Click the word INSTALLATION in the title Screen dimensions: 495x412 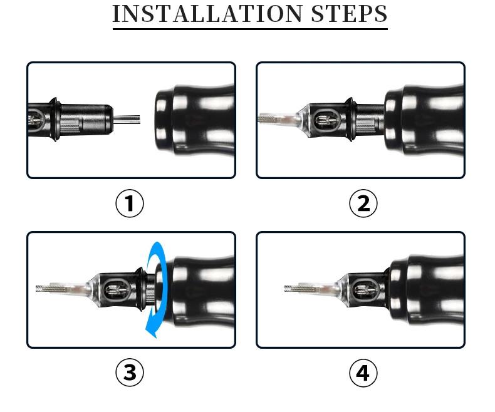pyautogui.click(x=207, y=14)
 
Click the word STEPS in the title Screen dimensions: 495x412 pyautogui.click(x=349, y=14)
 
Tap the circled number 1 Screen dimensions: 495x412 pyautogui.click(x=130, y=203)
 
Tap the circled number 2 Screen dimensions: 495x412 pyautogui.click(x=363, y=203)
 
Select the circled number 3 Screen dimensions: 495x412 pyautogui.click(x=130, y=373)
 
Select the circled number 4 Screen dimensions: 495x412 pyautogui.click(x=363, y=373)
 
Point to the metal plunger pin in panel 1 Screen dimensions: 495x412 pyautogui.click(x=127, y=120)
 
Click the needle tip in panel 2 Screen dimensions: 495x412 pyautogui.click(x=259, y=119)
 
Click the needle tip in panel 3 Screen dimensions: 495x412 pyautogui.click(x=37, y=288)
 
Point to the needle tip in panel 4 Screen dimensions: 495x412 pyautogui.click(x=286, y=288)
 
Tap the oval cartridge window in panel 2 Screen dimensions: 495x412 pyautogui.click(x=327, y=120)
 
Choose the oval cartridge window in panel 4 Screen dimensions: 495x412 pyautogui.click(x=365, y=289)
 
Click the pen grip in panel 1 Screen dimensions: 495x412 pyautogui.click(x=195, y=120)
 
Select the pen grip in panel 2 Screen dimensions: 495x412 pyautogui.click(x=424, y=120)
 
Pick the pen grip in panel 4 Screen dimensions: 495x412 pyautogui.click(x=426, y=289)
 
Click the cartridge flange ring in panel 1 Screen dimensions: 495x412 pyautogui.click(x=55, y=120)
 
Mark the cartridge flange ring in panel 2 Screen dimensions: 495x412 pyautogui.click(x=350, y=120)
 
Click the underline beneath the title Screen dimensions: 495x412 pyautogui.click(x=250, y=29)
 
